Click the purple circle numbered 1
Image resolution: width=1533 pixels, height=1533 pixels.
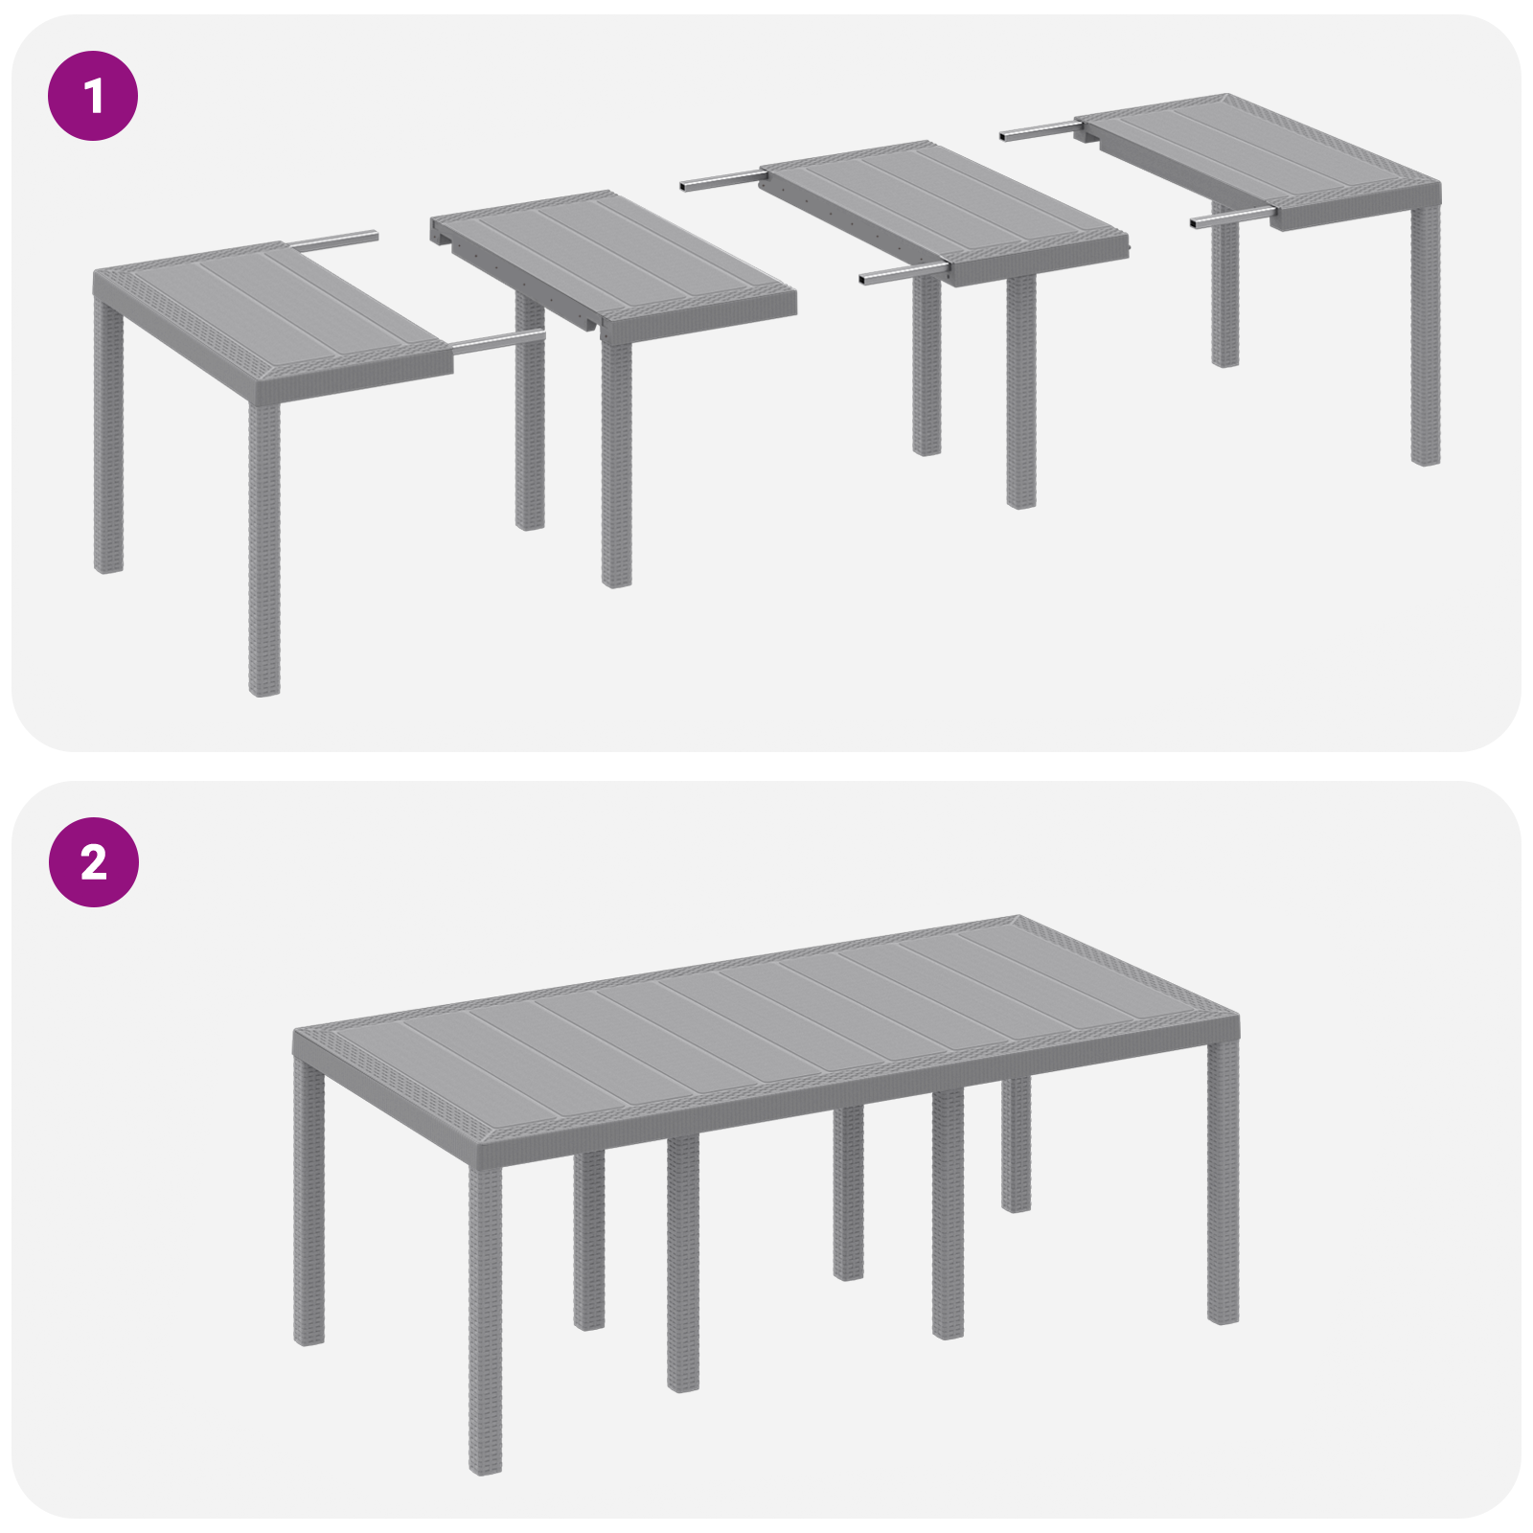pos(93,96)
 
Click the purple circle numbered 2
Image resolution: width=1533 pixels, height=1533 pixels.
pos(93,862)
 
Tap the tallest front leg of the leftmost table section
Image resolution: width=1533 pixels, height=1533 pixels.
pos(263,546)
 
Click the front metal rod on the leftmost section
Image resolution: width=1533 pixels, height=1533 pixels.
pos(498,341)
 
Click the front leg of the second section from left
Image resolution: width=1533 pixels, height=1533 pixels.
pos(616,460)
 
